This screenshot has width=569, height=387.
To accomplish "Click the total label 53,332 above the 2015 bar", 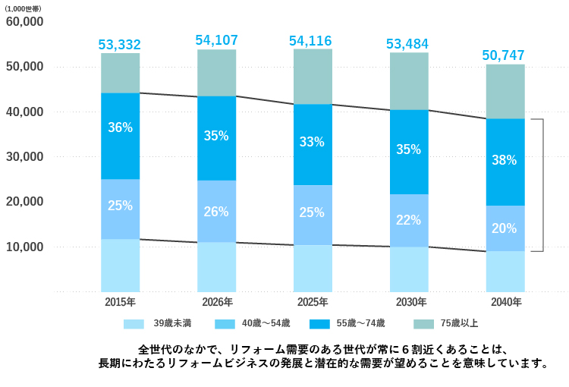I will [x=120, y=45].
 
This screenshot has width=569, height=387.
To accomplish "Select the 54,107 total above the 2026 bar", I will [x=216, y=40].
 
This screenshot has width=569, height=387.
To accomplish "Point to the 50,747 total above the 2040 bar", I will [x=504, y=55].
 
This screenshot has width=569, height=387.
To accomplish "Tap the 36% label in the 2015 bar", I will [x=120, y=127].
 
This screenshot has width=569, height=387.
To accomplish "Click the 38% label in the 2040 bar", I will [x=504, y=160].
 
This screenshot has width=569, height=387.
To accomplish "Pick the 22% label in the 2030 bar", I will [x=408, y=220].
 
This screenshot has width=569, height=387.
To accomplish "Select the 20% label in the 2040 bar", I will [x=504, y=228].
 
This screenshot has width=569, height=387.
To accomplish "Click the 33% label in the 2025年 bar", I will [x=312, y=142].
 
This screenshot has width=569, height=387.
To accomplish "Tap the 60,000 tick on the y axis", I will [x=24, y=22].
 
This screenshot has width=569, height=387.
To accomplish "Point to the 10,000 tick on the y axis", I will [x=24, y=247].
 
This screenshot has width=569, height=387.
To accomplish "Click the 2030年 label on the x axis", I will [x=408, y=302].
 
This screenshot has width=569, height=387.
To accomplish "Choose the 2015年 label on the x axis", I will [x=120, y=302].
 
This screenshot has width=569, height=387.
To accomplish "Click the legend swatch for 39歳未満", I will [x=134, y=324].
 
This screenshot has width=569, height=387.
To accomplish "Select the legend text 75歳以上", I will [x=461, y=324].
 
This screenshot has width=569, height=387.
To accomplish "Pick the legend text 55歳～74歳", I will [x=361, y=324].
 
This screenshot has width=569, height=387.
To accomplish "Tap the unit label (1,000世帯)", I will [x=24, y=8].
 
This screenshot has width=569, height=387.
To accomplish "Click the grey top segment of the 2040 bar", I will [x=505, y=91].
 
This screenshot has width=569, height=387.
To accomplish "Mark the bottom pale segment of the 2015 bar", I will [x=120, y=266].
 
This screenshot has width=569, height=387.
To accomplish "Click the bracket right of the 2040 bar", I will [x=542, y=185].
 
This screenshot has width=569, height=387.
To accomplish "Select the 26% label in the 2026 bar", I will [x=216, y=212].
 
